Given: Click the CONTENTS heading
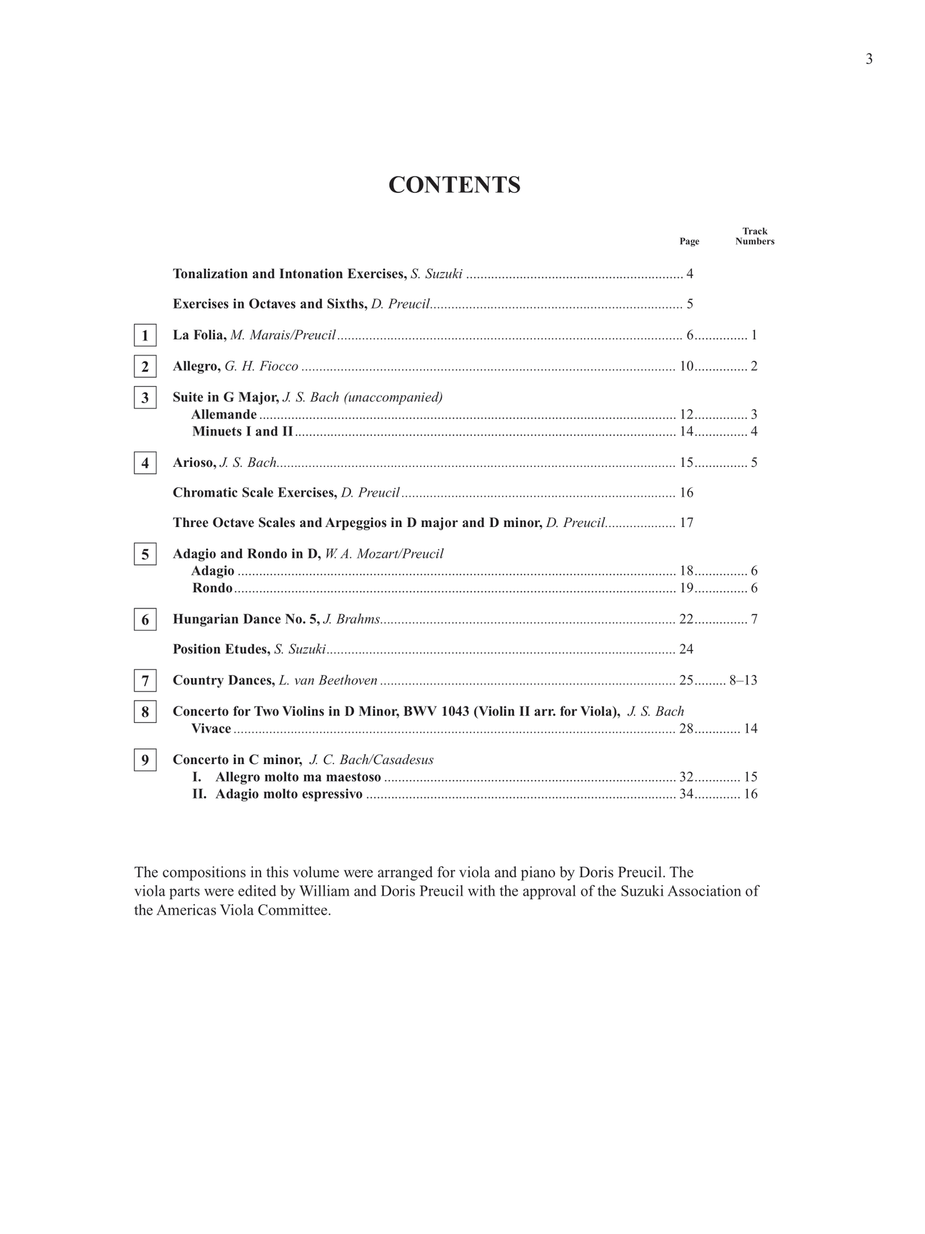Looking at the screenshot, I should coord(454,185).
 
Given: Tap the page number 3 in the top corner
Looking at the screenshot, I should coord(869,60).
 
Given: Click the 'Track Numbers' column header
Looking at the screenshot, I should coord(755,236).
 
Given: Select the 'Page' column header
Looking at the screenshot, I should coord(689,241).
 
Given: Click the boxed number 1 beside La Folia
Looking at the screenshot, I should coord(145,336).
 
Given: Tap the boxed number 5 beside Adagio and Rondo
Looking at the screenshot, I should coord(145,555).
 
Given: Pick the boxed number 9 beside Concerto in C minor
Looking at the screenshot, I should coord(145,760).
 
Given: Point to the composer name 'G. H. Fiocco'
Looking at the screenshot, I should coord(261,366).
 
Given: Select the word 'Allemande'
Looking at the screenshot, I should coord(224,414).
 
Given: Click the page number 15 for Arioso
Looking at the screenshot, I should coord(686,462).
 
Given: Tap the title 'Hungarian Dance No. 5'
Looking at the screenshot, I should coord(246,619).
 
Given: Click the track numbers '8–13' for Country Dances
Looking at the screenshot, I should coord(743,680).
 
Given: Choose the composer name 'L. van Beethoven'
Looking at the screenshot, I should coord(328,680).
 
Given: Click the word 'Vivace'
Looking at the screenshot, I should coord(211,729).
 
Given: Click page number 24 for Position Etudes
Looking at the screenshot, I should coord(686,649).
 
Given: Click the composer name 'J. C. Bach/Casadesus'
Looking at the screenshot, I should coord(371,760).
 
